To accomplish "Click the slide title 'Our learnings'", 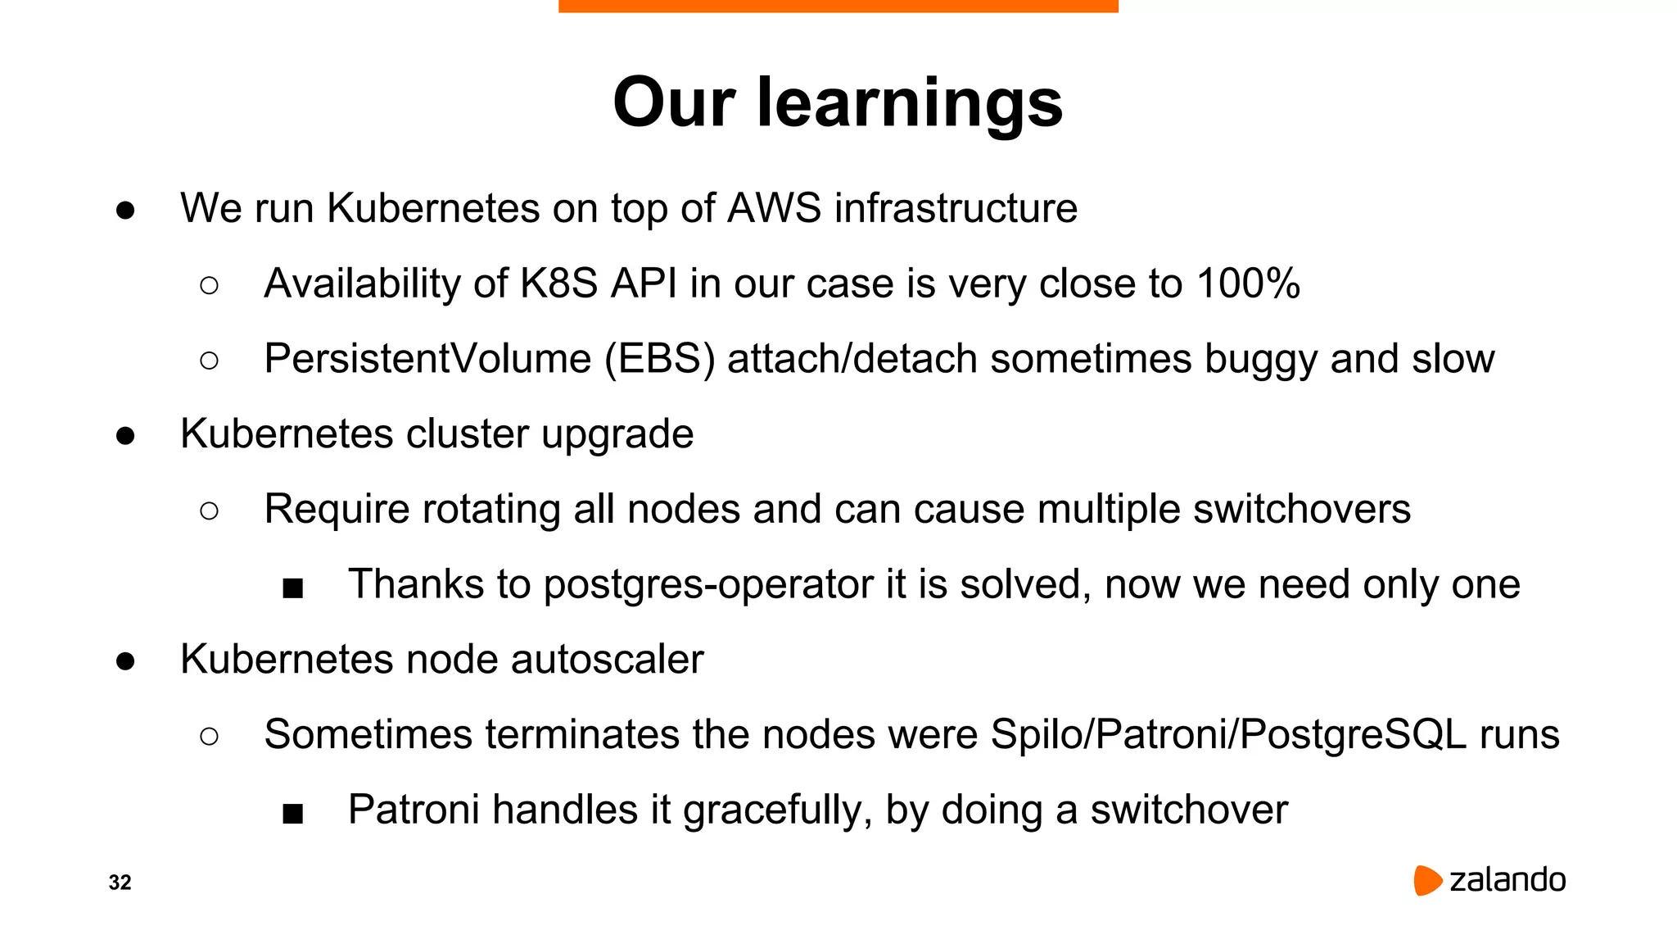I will coord(838,102).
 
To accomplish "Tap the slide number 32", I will coord(120,883).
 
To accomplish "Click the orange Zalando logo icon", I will coord(1426,880).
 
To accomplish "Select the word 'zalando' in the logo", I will coord(1507,880).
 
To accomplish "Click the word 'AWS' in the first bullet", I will coord(774,208).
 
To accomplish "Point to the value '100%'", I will coord(1247,284).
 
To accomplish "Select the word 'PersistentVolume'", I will coord(427,359).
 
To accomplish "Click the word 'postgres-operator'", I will coord(708,585).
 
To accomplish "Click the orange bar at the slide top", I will coord(838,6).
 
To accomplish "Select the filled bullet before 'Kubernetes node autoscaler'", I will coord(125,660).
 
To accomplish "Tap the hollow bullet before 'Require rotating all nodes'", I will coord(209,511).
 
